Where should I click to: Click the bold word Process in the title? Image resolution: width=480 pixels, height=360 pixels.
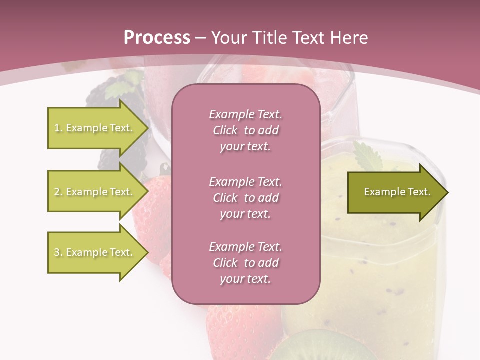(157, 38)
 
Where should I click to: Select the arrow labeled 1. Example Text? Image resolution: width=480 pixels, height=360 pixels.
(95, 128)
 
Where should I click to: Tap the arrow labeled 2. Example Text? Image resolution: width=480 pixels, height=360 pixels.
(95, 192)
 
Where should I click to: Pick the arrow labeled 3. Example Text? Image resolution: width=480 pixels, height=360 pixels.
(95, 252)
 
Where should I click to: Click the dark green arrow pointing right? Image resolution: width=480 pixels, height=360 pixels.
(395, 192)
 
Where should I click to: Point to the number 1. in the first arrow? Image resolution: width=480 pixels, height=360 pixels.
(58, 128)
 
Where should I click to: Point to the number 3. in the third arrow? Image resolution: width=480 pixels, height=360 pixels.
(58, 252)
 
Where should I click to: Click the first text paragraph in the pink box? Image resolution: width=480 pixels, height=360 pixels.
(245, 130)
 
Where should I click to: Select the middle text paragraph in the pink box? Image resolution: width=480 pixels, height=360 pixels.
(245, 198)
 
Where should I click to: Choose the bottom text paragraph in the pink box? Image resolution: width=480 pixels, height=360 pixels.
(245, 263)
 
